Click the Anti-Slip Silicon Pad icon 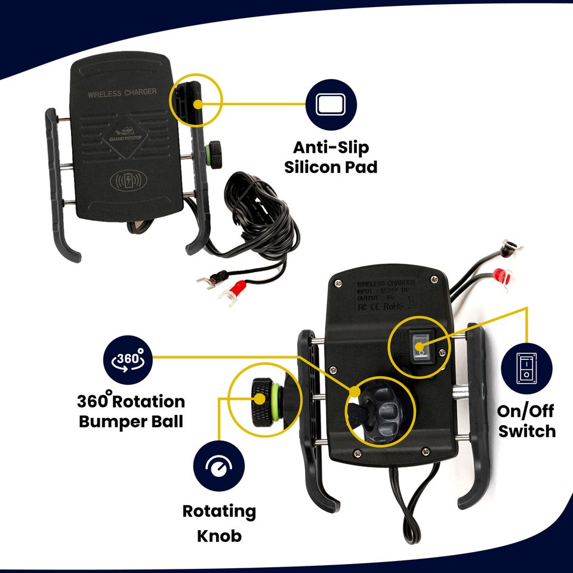pyautogui.click(x=331, y=105)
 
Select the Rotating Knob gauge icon pyautogui.click(x=219, y=467)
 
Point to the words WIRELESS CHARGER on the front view pyautogui.click(x=122, y=93)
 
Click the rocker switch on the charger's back pyautogui.click(x=421, y=346)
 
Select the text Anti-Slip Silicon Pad pyautogui.click(x=331, y=157)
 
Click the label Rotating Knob pyautogui.click(x=219, y=523)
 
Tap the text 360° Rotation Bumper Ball pyautogui.click(x=131, y=411)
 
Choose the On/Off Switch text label pyautogui.click(x=526, y=421)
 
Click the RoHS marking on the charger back pyautogui.click(x=393, y=306)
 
